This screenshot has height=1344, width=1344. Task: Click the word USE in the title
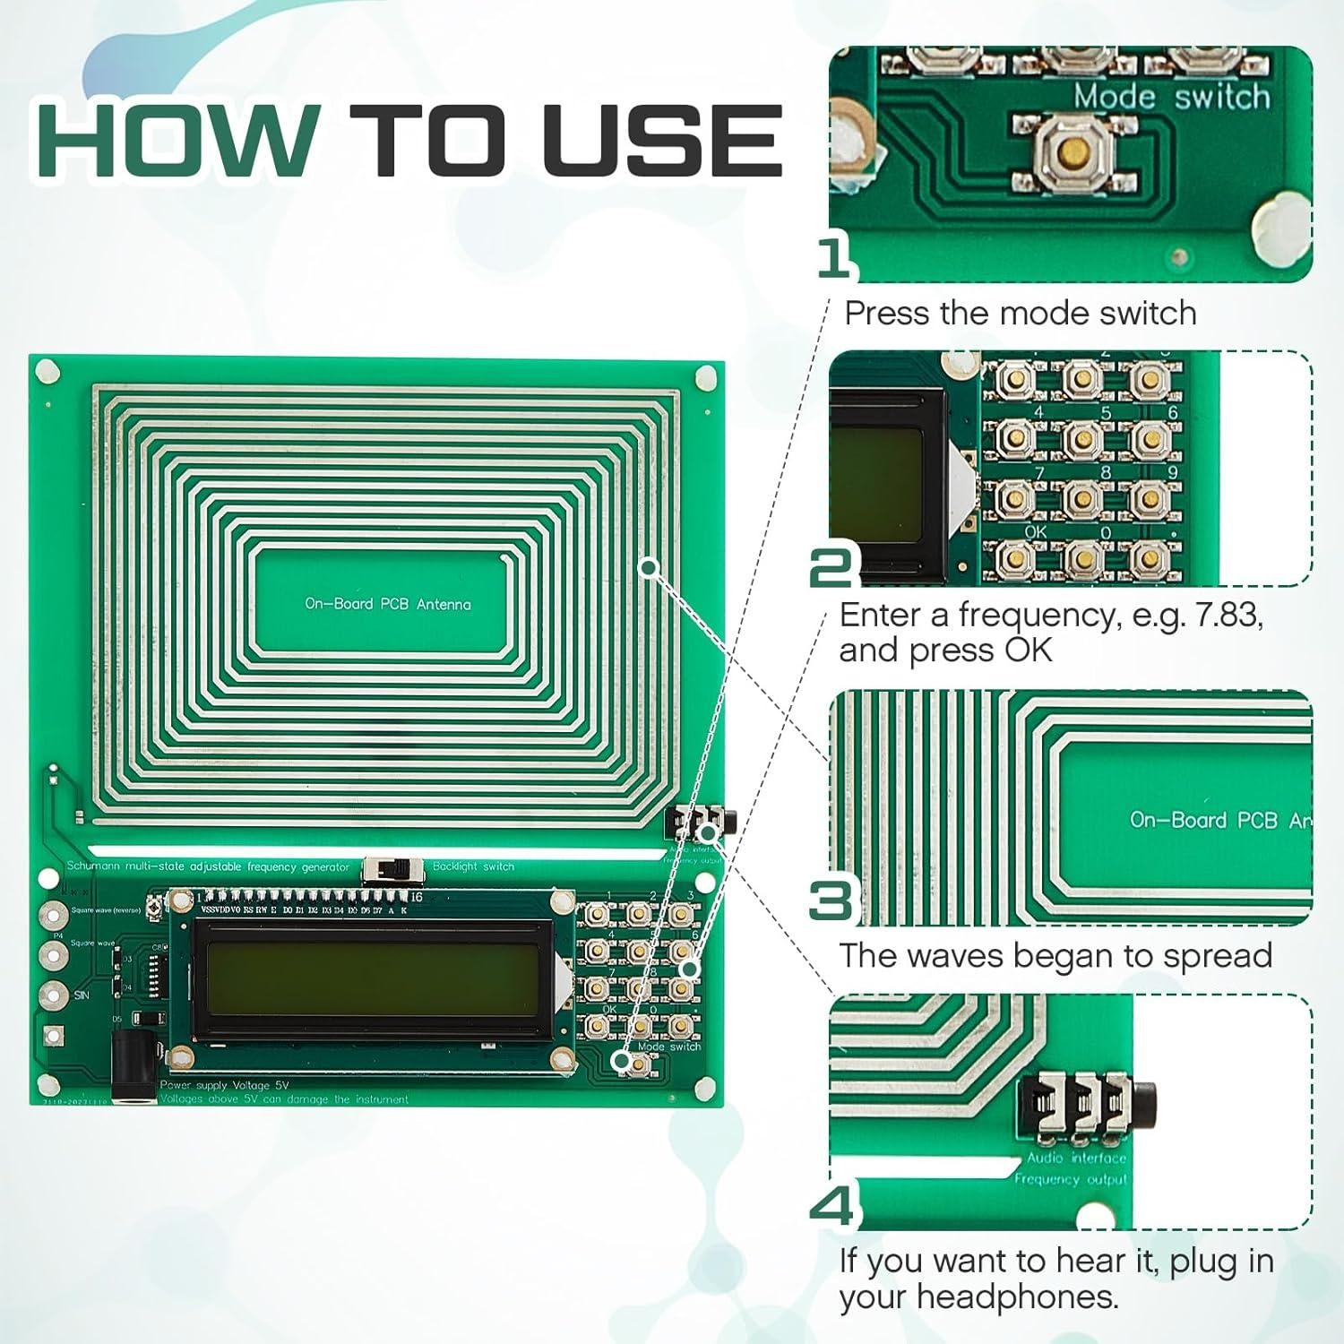coord(662,141)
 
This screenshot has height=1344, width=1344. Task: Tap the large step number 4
coord(833,1206)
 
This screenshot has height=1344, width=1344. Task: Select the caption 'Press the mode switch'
coord(1020,313)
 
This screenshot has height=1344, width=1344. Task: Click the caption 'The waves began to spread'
coord(1055,955)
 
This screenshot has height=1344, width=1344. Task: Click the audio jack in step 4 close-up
coord(1089,1105)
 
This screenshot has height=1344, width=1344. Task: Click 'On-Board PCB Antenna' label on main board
coord(387,604)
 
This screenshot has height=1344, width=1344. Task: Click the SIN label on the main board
coord(82,995)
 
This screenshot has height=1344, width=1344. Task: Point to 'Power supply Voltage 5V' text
coord(224,1085)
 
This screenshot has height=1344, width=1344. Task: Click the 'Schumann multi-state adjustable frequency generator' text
coord(208,866)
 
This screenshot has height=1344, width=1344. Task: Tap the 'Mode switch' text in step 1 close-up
coord(1171,96)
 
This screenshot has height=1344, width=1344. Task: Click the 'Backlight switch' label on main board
coord(473,866)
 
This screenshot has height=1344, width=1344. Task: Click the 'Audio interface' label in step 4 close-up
coord(1076,1158)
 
